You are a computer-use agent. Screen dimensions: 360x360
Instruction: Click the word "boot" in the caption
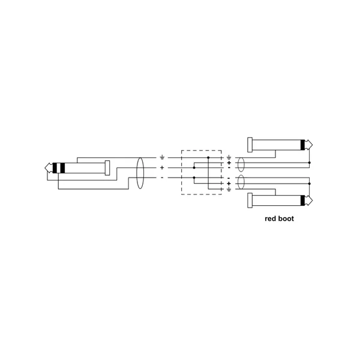(x=287, y=218)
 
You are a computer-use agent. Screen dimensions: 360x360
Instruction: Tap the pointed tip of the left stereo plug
(x=45, y=168)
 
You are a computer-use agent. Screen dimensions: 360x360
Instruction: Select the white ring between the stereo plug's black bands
(x=58, y=168)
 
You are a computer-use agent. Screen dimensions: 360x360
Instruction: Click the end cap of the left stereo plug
(x=107, y=168)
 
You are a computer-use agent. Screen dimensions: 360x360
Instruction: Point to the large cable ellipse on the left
(x=140, y=173)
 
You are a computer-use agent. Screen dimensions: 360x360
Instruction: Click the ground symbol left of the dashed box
(x=162, y=157)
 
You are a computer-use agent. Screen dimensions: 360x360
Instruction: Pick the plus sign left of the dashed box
(x=162, y=168)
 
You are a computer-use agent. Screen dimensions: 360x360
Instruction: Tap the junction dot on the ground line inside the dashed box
(x=208, y=157)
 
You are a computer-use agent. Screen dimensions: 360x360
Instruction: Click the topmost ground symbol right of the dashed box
(x=229, y=157)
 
